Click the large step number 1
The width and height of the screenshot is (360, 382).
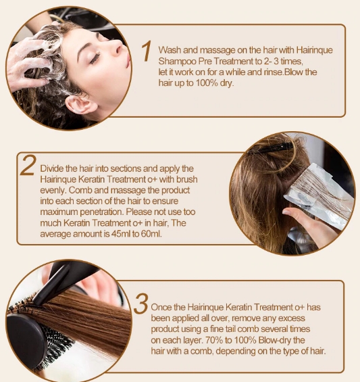click(147, 51)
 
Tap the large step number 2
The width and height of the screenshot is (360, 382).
click(28, 166)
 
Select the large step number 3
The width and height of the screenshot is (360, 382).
click(141, 304)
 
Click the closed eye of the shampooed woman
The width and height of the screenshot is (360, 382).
click(95, 58)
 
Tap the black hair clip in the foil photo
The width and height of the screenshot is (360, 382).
click(270, 148)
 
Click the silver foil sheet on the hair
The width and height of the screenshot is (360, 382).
click(319, 195)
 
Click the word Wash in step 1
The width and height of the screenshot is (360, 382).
click(170, 50)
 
